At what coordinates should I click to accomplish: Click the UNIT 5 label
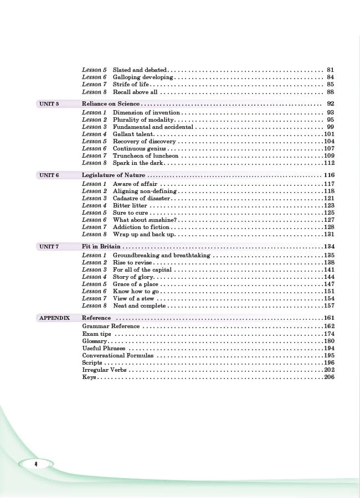49,104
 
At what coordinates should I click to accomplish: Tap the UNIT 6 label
49,175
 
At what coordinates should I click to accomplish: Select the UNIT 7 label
49,247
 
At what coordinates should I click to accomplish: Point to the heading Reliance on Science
111,104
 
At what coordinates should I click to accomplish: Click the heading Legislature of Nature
114,175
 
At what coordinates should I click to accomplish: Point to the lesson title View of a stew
133,298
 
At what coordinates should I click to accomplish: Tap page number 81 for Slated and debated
331,70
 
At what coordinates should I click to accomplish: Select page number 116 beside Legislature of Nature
329,175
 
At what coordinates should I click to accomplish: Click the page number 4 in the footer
35,464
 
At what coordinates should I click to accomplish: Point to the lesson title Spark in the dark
138,163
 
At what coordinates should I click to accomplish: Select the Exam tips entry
96,334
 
